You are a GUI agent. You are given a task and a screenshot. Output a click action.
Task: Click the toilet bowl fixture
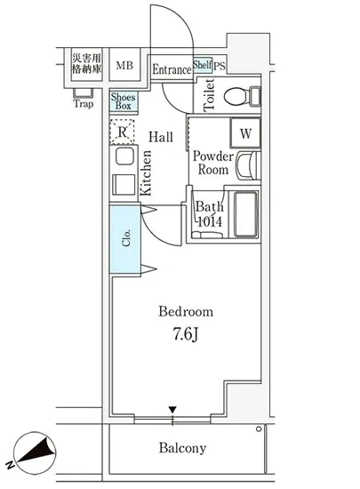[242, 96]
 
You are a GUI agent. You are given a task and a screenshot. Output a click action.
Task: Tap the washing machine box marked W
[245, 133]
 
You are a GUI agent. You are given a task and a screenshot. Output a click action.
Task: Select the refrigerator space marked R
[122, 132]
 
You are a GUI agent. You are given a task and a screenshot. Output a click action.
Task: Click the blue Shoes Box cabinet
[124, 101]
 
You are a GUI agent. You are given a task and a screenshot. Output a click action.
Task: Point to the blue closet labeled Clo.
[125, 239]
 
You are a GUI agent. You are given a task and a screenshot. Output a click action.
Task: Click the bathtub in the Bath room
[246, 214]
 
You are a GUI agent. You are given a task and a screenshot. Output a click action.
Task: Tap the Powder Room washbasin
[248, 165]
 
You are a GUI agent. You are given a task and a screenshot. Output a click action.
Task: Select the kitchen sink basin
[124, 156]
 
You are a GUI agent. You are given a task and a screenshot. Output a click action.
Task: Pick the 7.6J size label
[186, 334]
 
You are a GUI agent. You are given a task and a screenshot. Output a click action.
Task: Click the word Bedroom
[186, 311]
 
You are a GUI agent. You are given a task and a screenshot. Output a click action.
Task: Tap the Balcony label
[182, 448]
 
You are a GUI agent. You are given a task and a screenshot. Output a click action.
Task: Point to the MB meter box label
[124, 66]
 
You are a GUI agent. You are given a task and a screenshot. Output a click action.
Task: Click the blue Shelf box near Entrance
[203, 65]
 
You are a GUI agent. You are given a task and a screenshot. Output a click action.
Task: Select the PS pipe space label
[220, 66]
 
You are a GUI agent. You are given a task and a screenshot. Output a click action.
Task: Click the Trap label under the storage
[84, 103]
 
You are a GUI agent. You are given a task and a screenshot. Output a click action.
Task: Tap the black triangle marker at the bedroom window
[172, 410]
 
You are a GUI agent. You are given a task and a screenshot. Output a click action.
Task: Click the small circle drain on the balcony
[259, 429]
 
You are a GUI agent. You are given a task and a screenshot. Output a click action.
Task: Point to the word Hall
[161, 137]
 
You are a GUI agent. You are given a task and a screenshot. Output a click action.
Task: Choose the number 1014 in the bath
[210, 221]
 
